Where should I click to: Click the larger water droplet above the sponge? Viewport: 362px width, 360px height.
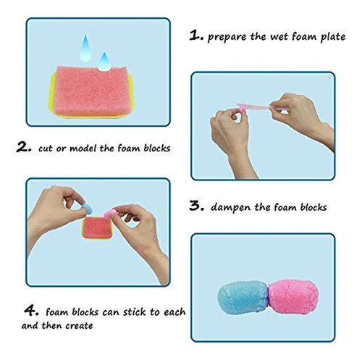[85, 49]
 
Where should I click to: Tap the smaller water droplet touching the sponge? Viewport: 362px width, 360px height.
[104, 62]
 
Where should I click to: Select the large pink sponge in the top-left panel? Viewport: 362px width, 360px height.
[93, 91]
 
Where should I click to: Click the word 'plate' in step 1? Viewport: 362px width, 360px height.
[333, 37]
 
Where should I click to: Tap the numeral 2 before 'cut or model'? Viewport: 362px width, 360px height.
[23, 147]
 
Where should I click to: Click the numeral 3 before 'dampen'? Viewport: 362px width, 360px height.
[197, 206]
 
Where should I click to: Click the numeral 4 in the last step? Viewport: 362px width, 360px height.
[30, 311]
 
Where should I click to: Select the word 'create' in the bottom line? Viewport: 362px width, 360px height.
[79, 326]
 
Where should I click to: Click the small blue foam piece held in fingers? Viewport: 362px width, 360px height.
[87, 209]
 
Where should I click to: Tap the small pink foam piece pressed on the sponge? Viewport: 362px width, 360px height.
[110, 214]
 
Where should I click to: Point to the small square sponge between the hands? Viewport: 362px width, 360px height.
[97, 228]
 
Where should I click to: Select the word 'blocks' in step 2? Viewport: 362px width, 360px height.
[157, 148]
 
